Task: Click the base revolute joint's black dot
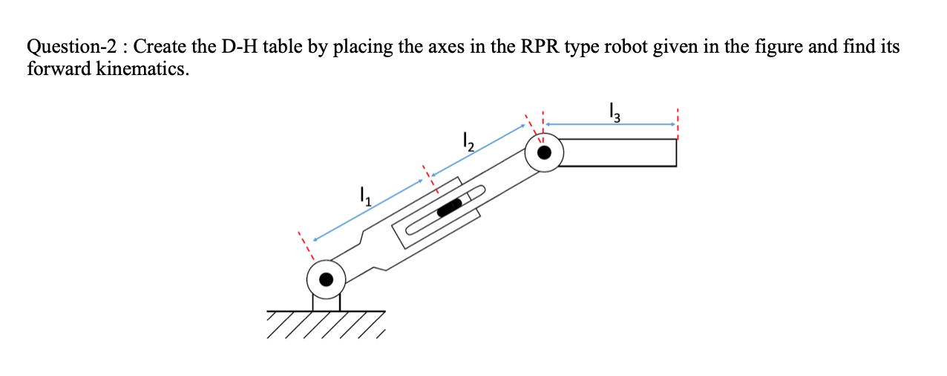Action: tap(326, 279)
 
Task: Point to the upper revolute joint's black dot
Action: tap(544, 153)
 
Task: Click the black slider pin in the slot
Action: tap(450, 207)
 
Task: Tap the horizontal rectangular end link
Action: tap(620, 152)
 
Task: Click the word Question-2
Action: tap(71, 48)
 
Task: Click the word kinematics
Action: tap(142, 68)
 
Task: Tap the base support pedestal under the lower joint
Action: tap(327, 301)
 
